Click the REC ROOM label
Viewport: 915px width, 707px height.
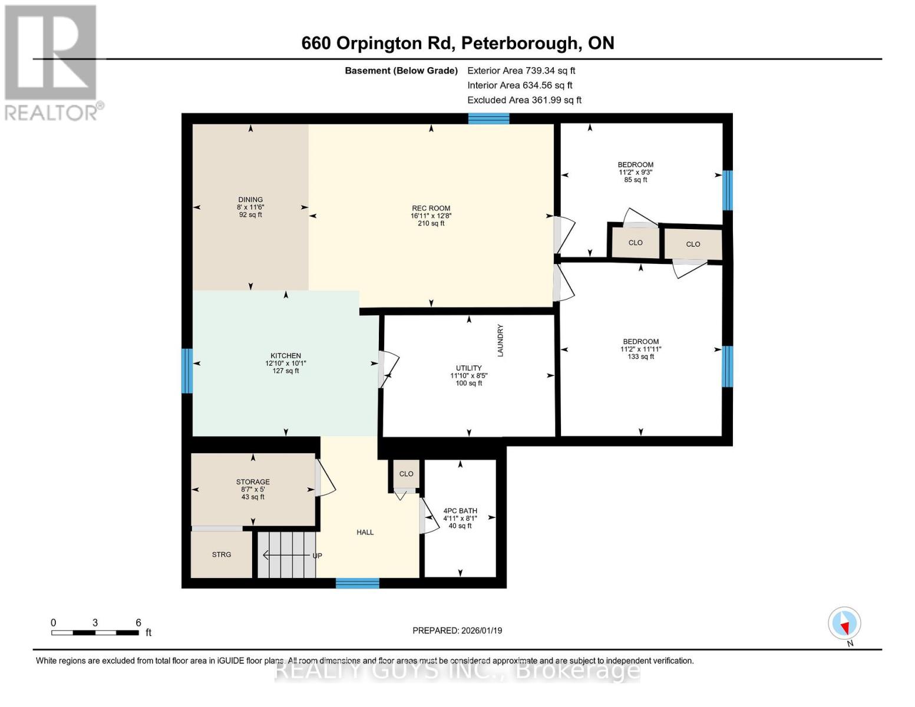coord(431,208)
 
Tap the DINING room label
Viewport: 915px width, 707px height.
coord(250,200)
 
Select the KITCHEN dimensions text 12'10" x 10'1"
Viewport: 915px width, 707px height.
coord(286,364)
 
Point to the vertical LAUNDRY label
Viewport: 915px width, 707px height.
coord(501,341)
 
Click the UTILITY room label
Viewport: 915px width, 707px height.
coord(469,368)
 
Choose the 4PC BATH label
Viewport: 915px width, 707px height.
coord(460,511)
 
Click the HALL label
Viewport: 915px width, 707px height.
coord(365,532)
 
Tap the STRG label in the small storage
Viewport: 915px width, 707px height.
coord(222,554)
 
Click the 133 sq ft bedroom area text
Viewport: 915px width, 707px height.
coord(640,356)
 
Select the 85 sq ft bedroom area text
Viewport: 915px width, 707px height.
coord(635,180)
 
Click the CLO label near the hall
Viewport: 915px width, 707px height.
coord(406,474)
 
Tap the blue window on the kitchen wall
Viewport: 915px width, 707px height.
coord(187,371)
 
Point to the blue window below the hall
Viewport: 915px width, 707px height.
coord(357,583)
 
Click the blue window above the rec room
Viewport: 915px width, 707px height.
coord(488,118)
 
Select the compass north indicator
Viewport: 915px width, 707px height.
coord(844,623)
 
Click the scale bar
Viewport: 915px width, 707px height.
coord(95,633)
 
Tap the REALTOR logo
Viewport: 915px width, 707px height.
coord(52,62)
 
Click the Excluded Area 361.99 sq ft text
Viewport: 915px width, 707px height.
coord(524,100)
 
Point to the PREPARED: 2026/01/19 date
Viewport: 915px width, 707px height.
coord(457,630)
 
